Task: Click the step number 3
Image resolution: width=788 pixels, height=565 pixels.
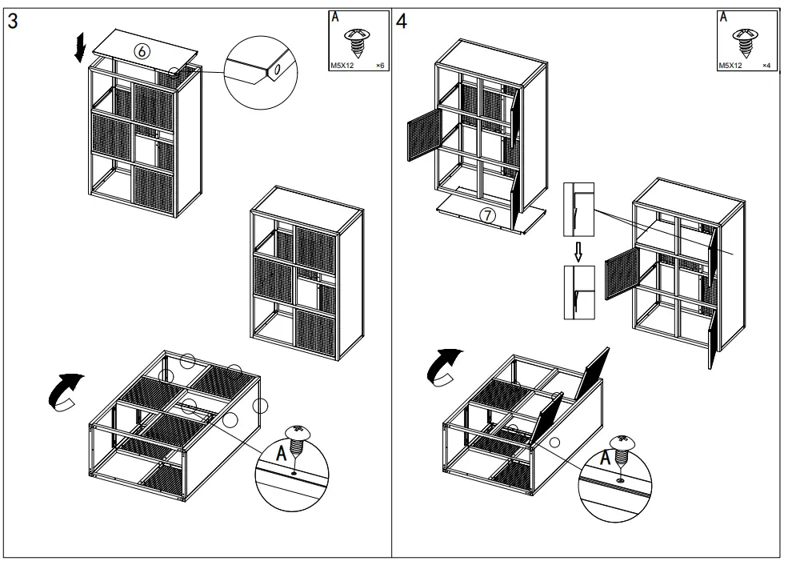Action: (x=13, y=21)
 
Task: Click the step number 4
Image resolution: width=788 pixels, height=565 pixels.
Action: (x=402, y=21)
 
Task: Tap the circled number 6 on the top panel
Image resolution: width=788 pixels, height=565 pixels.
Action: (x=142, y=50)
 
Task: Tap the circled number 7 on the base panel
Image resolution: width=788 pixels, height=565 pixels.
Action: (x=487, y=215)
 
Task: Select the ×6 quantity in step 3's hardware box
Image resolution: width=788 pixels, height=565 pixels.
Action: (x=380, y=66)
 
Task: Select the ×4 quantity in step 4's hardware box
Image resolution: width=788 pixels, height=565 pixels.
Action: (x=766, y=66)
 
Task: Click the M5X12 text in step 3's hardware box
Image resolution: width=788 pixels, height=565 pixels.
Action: (x=342, y=66)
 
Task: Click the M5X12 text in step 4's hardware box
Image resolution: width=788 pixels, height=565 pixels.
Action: (x=730, y=66)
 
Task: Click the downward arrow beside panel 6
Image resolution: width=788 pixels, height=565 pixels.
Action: (x=79, y=48)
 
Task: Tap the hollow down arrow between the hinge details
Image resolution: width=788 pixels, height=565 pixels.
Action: (x=578, y=252)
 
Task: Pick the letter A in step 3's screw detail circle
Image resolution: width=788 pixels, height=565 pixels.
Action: (x=282, y=454)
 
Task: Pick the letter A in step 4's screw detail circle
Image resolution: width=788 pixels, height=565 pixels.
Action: (x=606, y=458)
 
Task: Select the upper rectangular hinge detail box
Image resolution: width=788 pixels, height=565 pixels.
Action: (x=578, y=210)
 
